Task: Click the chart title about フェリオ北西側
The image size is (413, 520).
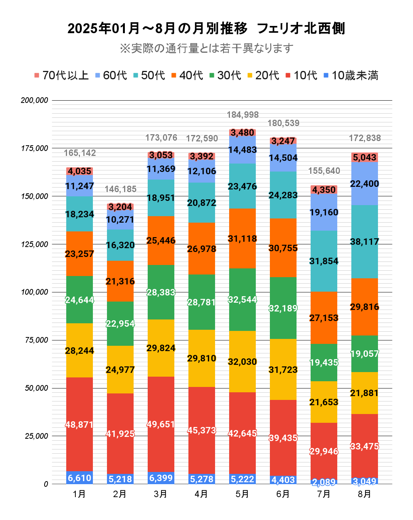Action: [x=206, y=29]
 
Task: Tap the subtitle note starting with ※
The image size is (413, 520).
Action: [x=206, y=48]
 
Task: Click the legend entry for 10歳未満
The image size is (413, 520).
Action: [x=351, y=75]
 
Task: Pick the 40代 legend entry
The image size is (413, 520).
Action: [x=187, y=75]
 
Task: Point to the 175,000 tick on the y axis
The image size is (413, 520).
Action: [x=35, y=148]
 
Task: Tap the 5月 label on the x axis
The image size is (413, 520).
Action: [x=242, y=494]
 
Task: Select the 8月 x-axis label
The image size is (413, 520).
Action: [x=364, y=494]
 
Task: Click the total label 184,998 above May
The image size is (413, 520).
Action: [x=242, y=115]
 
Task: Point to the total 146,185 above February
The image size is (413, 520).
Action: [x=120, y=189]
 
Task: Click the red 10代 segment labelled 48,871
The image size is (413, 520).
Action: [x=80, y=425]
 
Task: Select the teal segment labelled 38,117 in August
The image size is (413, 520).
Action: [x=365, y=242]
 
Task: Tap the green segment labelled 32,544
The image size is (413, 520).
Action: [x=242, y=300]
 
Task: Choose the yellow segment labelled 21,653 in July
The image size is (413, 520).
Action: [x=324, y=402]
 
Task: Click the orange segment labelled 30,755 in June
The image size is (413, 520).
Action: [x=283, y=248]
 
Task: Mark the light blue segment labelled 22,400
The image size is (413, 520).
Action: [x=365, y=184]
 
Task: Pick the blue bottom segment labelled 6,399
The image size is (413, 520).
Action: [x=161, y=478]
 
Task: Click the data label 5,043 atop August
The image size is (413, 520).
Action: [x=365, y=157]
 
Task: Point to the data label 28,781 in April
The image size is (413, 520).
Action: [x=202, y=302]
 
